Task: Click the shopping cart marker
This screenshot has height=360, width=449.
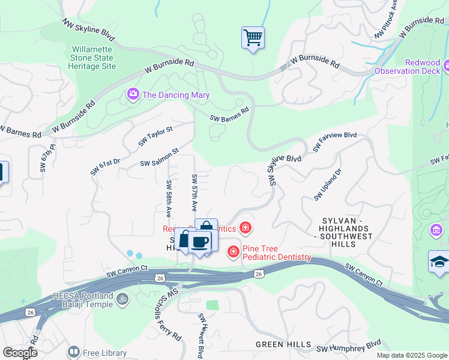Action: pos(253,38)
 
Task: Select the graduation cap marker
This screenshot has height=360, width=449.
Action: pos(439,263)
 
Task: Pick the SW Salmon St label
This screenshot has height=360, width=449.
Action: pos(160,158)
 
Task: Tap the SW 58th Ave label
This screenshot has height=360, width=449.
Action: pos(169,199)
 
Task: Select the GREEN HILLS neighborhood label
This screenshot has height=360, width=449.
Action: pos(283,344)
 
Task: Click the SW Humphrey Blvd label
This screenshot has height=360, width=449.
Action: pos(349,346)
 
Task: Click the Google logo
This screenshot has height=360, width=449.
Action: pos(19,352)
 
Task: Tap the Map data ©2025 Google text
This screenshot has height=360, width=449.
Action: pos(411,355)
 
